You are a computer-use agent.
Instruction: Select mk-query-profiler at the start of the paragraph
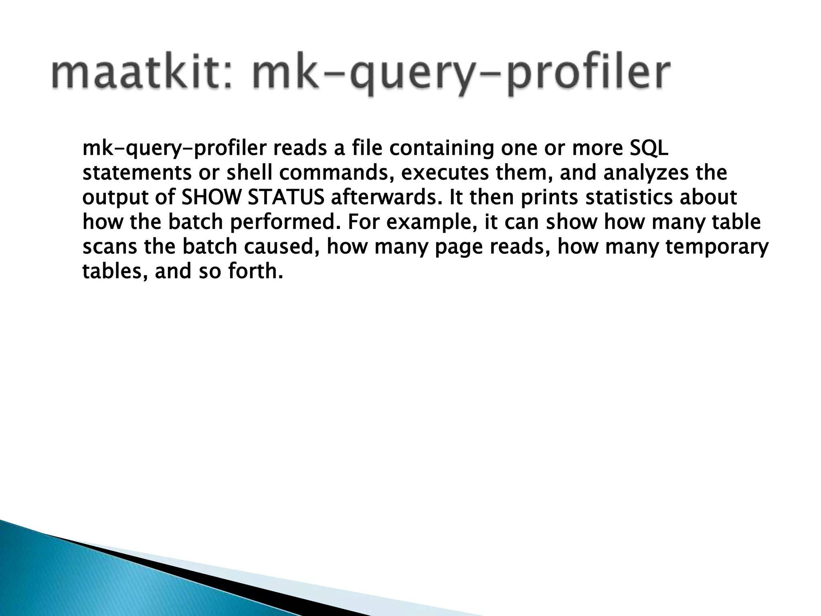[x=174, y=149]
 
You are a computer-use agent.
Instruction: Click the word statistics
[x=626, y=198]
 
